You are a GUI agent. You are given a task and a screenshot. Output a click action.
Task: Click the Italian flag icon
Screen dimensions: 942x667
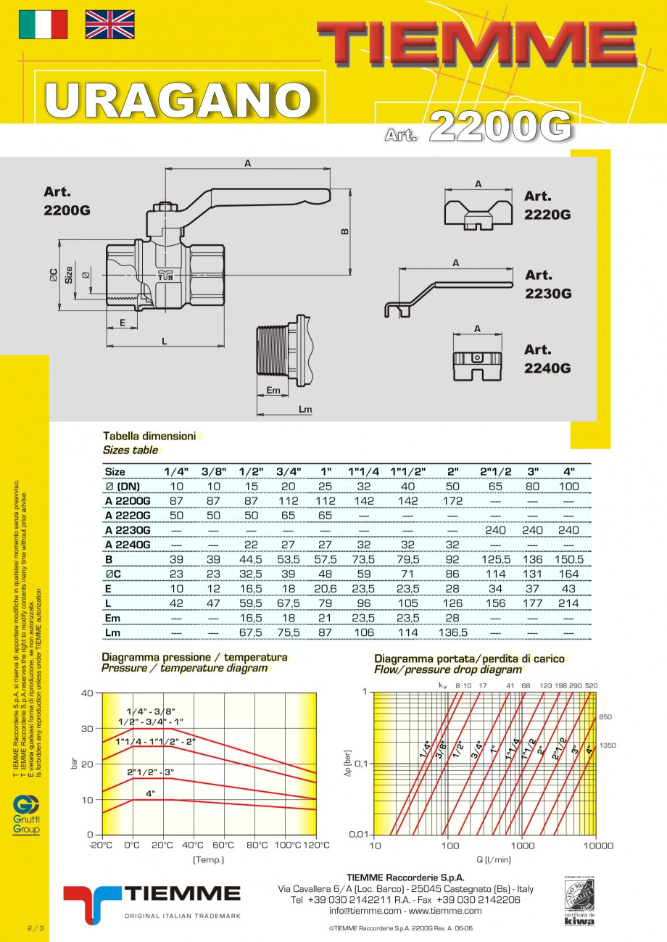pyautogui.click(x=43, y=25)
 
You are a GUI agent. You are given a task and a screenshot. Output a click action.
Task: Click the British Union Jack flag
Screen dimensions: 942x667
pyautogui.click(x=109, y=25)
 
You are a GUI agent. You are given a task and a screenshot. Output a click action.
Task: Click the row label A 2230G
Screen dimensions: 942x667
pyautogui.click(x=128, y=530)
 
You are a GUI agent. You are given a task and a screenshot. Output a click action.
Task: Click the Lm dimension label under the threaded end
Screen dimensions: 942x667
pyautogui.click(x=305, y=410)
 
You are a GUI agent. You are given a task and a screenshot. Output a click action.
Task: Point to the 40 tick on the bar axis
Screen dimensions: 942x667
pyautogui.click(x=88, y=693)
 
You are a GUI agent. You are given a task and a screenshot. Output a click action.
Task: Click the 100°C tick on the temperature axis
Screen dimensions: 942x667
pyautogui.click(x=287, y=845)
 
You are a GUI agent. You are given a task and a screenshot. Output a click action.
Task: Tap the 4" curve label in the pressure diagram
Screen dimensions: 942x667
pyautogui.click(x=151, y=793)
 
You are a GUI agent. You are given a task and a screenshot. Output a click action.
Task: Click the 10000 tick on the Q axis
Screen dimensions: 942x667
pyautogui.click(x=598, y=846)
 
